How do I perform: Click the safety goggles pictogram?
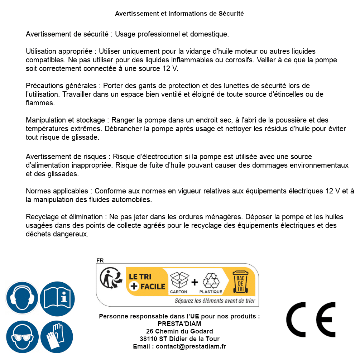click(22, 337)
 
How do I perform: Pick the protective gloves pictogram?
click(57, 337)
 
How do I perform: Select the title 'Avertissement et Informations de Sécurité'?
click(179, 14)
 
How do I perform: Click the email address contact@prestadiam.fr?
click(191, 346)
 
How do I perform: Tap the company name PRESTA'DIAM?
click(179, 324)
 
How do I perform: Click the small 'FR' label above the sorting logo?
click(100, 261)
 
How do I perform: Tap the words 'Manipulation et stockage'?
click(65, 120)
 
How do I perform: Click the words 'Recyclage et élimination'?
click(64, 217)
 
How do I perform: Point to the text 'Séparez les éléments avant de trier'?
click(215, 301)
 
